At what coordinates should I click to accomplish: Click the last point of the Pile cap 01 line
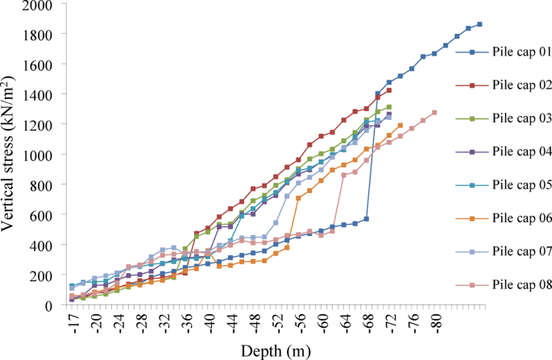[x=479, y=24]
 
